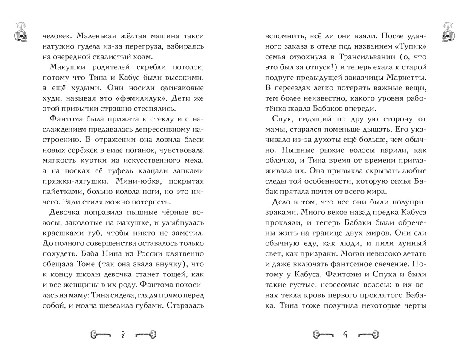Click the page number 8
(x=123, y=334)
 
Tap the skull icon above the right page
(x=449, y=32)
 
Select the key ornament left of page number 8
(x=101, y=334)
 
